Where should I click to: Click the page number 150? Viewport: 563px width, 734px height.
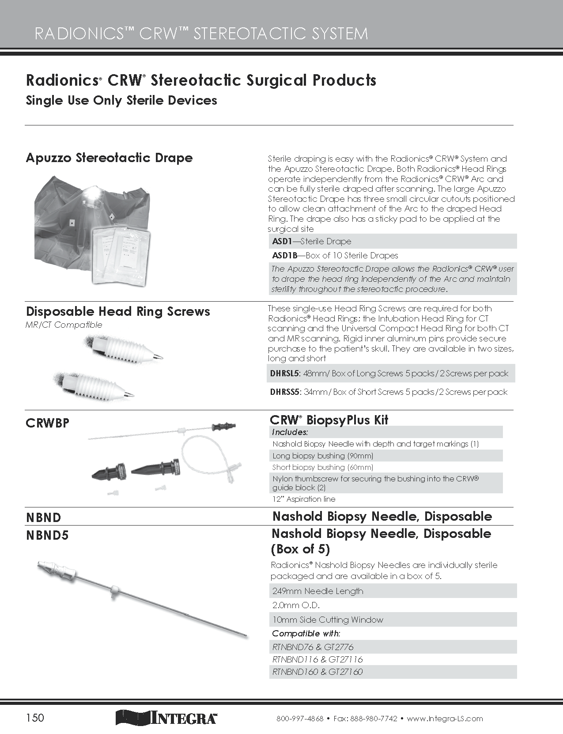(35, 717)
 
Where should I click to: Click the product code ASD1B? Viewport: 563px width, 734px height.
(285, 255)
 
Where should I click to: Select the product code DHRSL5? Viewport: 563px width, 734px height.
(284, 373)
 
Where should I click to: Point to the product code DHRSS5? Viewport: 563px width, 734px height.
(284, 392)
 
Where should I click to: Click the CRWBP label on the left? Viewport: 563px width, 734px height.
(48, 423)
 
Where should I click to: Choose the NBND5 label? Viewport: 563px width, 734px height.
(48, 535)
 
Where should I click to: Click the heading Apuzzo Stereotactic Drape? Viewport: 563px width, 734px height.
(109, 158)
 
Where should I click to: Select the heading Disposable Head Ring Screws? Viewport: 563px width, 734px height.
(118, 311)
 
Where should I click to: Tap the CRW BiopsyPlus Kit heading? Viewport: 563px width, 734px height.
(329, 420)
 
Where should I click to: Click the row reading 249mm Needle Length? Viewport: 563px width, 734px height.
(317, 591)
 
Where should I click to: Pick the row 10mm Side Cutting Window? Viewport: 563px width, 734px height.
(328, 620)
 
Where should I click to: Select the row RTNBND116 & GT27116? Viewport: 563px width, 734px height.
(317, 659)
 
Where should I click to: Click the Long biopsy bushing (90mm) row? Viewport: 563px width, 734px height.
(323, 455)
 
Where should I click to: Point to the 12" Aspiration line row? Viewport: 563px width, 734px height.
(304, 499)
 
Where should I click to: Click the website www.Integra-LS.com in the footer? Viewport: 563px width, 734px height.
(445, 719)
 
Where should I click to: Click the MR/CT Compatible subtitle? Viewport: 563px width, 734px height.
(64, 325)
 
